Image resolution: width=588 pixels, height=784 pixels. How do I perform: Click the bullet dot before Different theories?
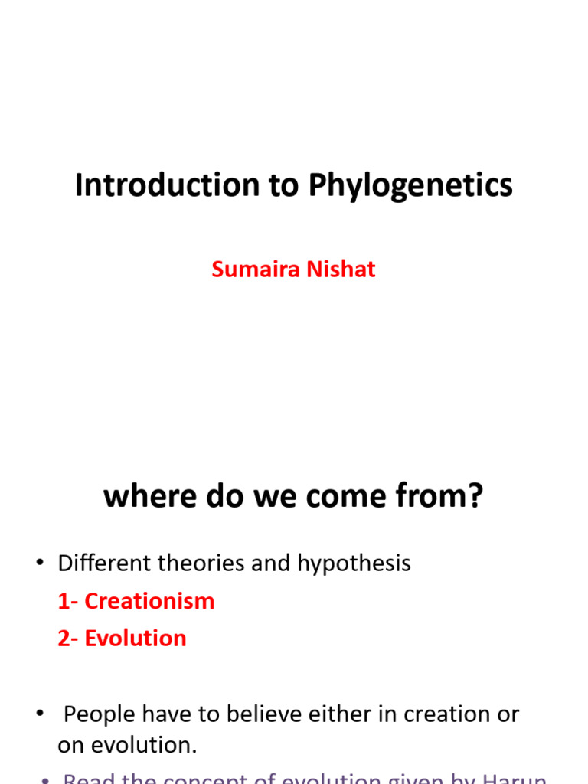[x=39, y=564]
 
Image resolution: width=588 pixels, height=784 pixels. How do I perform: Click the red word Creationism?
[x=149, y=601]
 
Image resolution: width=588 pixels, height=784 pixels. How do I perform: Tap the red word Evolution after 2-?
[x=136, y=639]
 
